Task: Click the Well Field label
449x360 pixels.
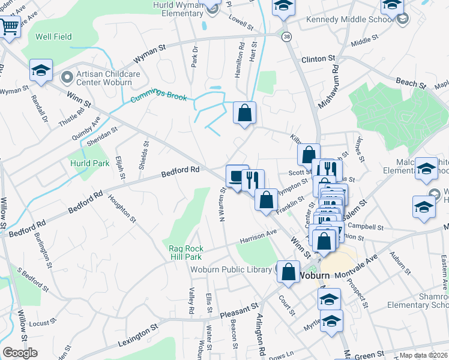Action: pos(53,37)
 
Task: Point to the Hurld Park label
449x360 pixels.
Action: pos(89,163)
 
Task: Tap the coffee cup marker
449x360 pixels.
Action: pos(237,176)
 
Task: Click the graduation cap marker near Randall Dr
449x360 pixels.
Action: pos(41,70)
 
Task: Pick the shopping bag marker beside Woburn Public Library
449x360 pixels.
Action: pos(289,271)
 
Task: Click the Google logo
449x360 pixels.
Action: pos(20,353)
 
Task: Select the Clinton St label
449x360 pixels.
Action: pos(318,59)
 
